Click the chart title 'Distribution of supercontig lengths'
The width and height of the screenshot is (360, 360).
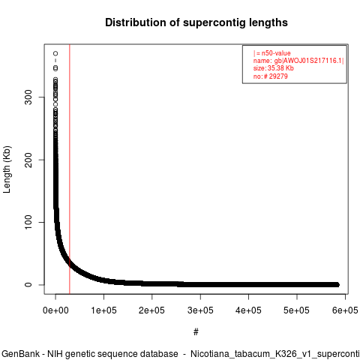pyautogui.click(x=196, y=22)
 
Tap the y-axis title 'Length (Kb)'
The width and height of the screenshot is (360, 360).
pyautogui.click(x=7, y=169)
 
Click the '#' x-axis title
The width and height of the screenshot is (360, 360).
pyautogui.click(x=196, y=332)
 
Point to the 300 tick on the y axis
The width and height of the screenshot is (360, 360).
pyautogui.click(x=28, y=97)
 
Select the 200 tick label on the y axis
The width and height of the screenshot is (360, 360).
pyautogui.click(x=28, y=160)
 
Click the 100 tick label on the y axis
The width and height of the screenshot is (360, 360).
pyautogui.click(x=28, y=222)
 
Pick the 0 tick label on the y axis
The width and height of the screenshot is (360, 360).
pyautogui.click(x=28, y=285)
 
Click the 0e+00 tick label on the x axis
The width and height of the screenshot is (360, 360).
pyautogui.click(x=55, y=310)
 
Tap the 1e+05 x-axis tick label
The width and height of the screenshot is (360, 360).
pyautogui.click(x=103, y=310)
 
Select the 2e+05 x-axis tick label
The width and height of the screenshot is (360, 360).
pyautogui.click(x=152, y=310)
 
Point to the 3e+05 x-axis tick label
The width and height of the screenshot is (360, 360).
pyautogui.click(x=200, y=310)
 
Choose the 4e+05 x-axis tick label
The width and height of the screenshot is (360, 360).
pyautogui.click(x=248, y=310)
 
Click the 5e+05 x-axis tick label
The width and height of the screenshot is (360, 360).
pyautogui.click(x=297, y=310)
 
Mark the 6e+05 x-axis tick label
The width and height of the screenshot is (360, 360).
pyautogui.click(x=345, y=310)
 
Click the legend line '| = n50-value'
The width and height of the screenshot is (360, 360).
pyautogui.click(x=272, y=53)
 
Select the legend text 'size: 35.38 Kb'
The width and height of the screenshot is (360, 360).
pyautogui.click(x=274, y=68)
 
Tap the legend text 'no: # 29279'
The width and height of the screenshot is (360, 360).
pyautogui.click(x=271, y=76)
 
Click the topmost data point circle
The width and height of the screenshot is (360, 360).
pyautogui.click(x=55, y=53)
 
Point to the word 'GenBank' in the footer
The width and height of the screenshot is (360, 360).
pyautogui.click(x=20, y=354)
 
